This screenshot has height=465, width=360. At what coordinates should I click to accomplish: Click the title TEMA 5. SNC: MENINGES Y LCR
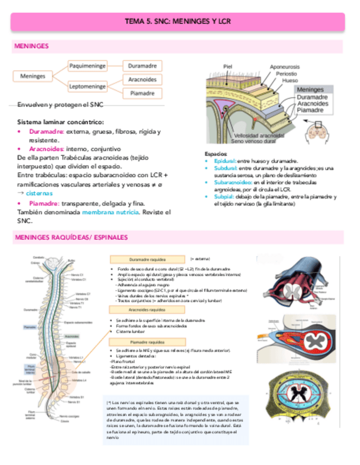coord(178,21)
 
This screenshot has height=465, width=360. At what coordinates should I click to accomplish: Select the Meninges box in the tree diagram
coord(32,76)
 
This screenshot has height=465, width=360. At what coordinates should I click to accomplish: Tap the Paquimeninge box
coord(87,66)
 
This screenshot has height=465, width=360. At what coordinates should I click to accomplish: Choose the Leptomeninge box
coord(87,87)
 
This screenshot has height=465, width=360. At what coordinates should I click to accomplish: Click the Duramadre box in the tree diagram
coord(142,66)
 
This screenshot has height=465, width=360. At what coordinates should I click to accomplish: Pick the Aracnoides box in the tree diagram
coord(142,80)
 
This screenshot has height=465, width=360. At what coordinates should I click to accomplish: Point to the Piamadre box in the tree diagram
coord(142,93)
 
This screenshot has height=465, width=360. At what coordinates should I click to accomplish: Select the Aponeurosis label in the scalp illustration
coord(284,66)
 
